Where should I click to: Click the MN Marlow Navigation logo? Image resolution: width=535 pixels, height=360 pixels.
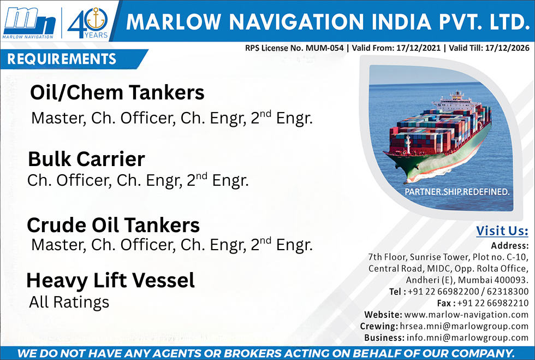tap(29, 23)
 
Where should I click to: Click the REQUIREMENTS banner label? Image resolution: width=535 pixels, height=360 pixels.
tap(62, 59)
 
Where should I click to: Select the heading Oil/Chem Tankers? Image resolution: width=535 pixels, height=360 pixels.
tap(117, 92)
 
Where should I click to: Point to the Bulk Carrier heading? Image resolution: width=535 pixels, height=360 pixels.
tap(86, 159)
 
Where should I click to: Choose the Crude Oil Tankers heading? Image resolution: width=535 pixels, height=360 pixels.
tap(114, 225)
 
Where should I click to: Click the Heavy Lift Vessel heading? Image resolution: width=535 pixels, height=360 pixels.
tap(110, 280)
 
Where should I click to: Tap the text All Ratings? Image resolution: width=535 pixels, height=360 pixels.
tap(69, 302)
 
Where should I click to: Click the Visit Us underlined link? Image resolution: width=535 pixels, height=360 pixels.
tap(502, 231)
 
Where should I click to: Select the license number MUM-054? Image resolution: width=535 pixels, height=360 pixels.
tap(324, 48)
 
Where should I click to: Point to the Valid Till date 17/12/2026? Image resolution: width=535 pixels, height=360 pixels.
tap(507, 48)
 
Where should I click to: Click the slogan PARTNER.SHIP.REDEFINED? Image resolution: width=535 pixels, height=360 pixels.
tap(457, 192)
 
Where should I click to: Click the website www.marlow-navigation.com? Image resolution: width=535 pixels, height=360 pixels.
tap(466, 315)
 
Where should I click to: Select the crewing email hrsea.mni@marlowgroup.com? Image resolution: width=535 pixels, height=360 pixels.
tap(464, 326)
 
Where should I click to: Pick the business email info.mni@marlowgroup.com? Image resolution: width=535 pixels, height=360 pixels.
tap(467, 338)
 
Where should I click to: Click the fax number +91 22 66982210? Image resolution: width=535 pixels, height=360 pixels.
tap(492, 303)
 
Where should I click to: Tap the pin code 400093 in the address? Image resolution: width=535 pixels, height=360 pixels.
tap(510, 280)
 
